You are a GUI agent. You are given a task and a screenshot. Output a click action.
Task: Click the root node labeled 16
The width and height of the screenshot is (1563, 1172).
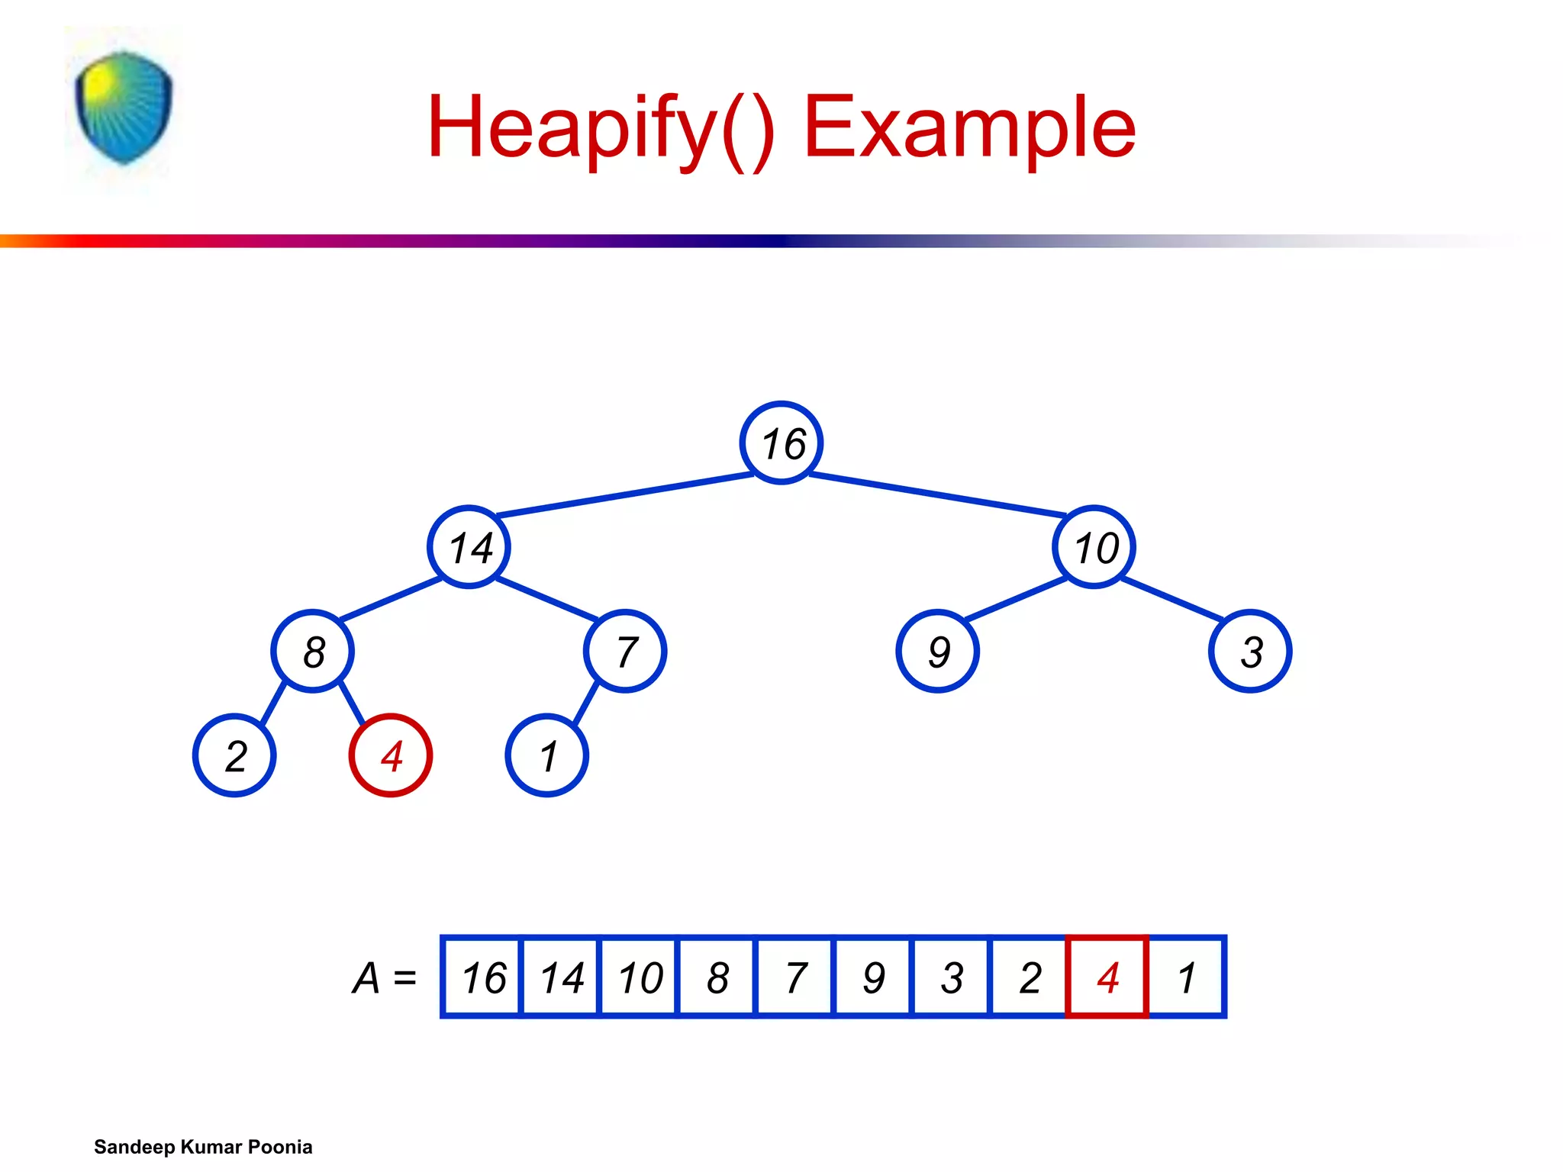point(781,443)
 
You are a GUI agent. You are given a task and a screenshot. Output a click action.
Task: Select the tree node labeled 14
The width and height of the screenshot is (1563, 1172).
point(469,547)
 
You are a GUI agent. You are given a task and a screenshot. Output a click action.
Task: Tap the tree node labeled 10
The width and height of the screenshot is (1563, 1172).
point(1094,547)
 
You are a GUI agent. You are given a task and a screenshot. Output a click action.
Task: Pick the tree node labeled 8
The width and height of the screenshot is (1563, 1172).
point(312,652)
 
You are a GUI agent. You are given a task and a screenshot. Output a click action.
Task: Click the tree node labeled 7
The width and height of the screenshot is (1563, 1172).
point(625,652)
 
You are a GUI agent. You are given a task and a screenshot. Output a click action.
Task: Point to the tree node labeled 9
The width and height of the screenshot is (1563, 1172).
point(937,652)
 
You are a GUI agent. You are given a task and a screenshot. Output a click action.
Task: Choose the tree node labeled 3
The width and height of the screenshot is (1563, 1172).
point(1250,652)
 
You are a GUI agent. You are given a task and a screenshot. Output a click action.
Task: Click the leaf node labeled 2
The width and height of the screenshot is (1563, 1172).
point(234,755)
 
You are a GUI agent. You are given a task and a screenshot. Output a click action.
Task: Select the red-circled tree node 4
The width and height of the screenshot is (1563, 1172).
point(391,755)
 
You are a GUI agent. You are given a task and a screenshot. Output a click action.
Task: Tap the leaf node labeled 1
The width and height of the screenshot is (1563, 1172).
point(546,755)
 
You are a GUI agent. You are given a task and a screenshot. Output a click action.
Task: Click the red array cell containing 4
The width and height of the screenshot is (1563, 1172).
point(1107,977)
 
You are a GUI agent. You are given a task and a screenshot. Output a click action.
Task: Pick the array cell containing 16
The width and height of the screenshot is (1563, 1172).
point(482,977)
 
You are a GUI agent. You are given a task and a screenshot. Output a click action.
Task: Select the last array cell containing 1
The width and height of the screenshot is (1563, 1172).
point(1186,977)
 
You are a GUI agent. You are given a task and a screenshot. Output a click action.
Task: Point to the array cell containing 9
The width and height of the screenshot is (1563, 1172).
point(873,977)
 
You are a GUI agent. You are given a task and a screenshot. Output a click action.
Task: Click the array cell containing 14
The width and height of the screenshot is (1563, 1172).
point(561,977)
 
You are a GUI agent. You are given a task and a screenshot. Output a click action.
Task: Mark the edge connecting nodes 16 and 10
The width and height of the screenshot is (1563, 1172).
point(937,494)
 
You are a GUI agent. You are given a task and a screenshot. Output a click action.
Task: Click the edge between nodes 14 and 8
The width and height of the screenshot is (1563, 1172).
point(391,599)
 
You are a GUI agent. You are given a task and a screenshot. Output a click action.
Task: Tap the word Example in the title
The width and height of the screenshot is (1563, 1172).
point(969,128)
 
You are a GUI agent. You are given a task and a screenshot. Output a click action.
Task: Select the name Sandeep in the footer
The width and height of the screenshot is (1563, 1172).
point(134,1147)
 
